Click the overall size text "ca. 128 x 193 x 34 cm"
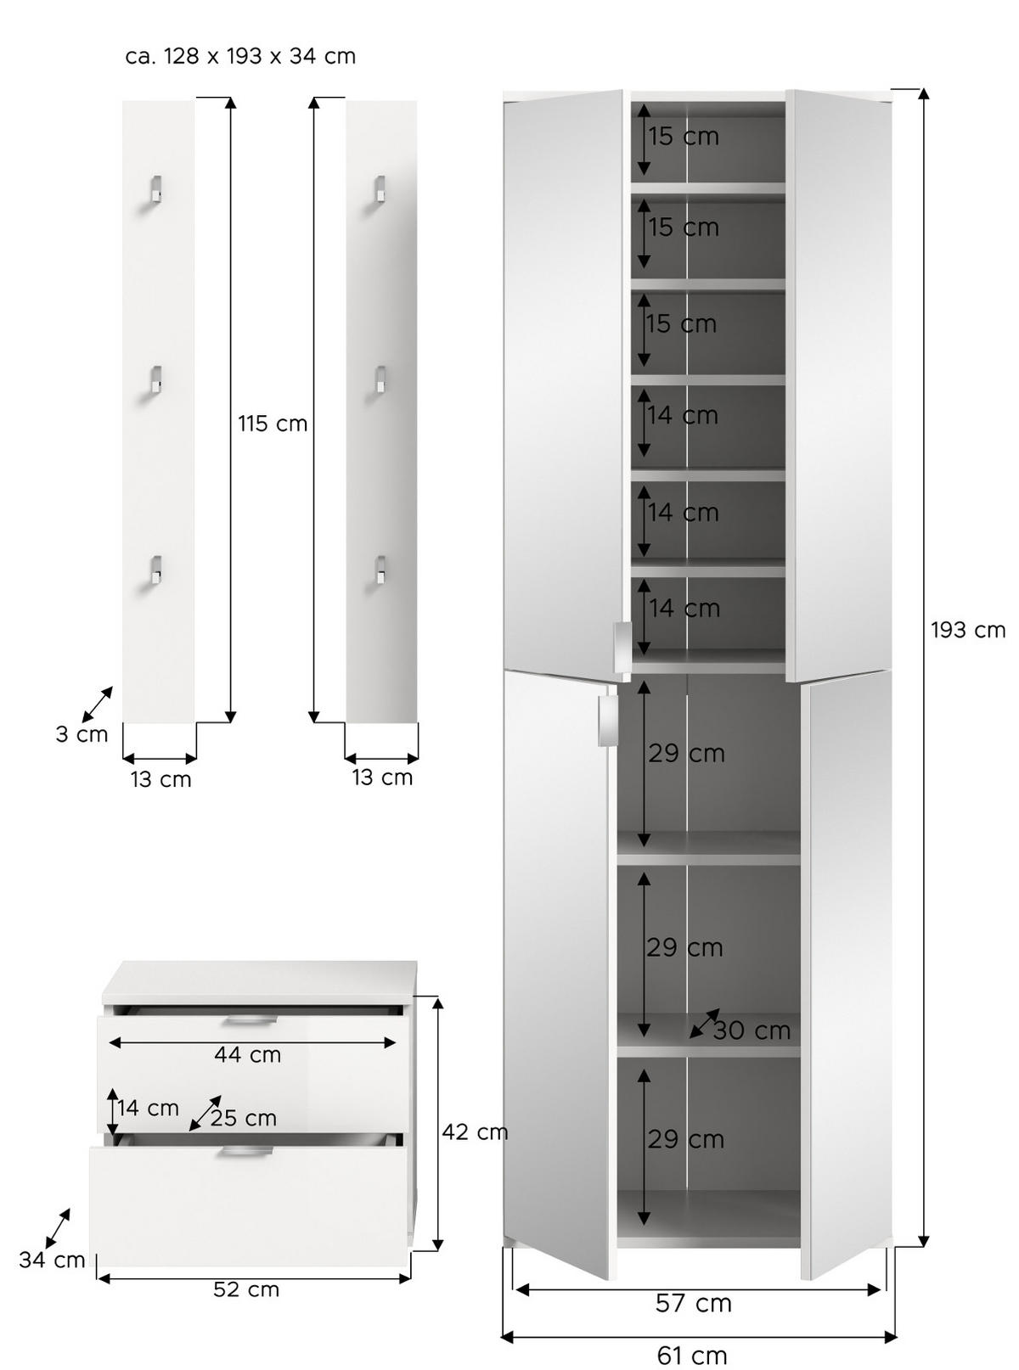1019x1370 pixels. (x=240, y=57)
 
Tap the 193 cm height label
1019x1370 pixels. (x=967, y=630)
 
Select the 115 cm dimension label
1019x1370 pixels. (x=272, y=423)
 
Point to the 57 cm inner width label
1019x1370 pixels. (x=693, y=1303)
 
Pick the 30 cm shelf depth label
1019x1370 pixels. (x=752, y=1030)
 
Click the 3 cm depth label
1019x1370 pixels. (x=82, y=734)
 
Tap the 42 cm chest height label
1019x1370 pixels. (x=474, y=1131)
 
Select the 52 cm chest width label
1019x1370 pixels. (x=245, y=1289)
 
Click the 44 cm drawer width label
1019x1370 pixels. (x=247, y=1054)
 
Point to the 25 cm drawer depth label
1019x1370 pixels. (x=243, y=1118)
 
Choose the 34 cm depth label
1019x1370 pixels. (x=52, y=1260)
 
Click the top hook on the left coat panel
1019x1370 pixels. (x=155, y=189)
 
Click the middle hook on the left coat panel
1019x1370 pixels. (x=155, y=379)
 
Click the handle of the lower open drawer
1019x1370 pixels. (x=245, y=1152)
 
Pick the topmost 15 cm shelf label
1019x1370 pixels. (x=684, y=136)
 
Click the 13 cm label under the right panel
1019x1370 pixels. (x=382, y=777)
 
